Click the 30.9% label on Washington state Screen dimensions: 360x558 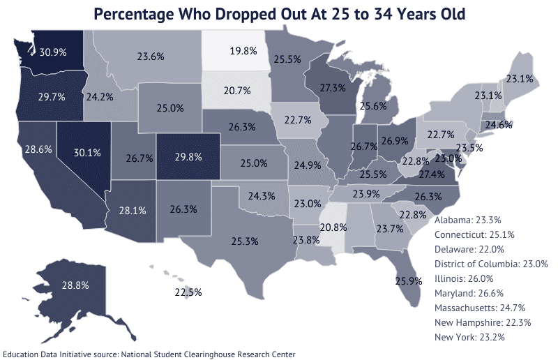tap(54, 52)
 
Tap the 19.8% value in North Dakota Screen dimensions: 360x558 tap(244, 51)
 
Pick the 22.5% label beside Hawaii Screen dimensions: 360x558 tap(188, 292)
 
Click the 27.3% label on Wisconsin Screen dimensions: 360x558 tap(333, 89)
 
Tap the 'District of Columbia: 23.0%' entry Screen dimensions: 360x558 tap(491, 263)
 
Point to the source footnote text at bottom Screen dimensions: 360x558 tap(149, 354)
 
